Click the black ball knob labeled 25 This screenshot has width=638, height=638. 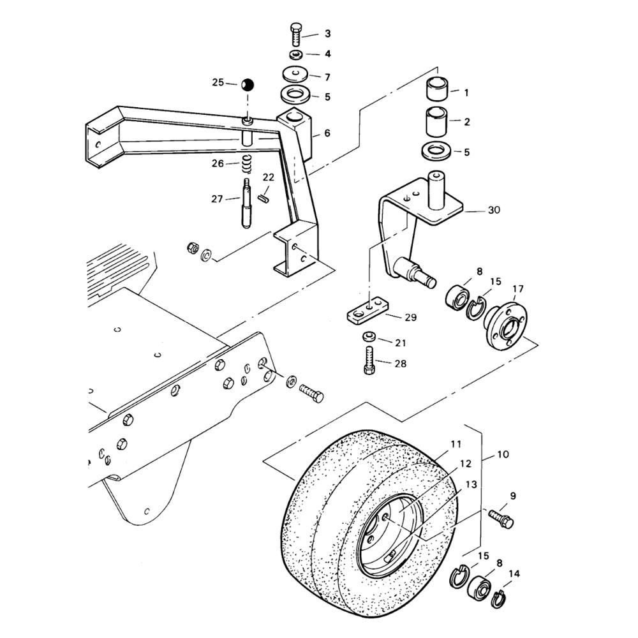pyautogui.click(x=247, y=85)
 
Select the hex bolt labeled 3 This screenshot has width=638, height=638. pyautogui.click(x=296, y=35)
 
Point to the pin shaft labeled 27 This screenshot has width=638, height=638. pyautogui.click(x=247, y=204)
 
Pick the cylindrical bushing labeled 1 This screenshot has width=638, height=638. pyautogui.click(x=438, y=88)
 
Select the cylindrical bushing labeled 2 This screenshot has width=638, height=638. pyautogui.click(x=437, y=122)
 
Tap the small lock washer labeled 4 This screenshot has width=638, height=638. pyautogui.click(x=296, y=54)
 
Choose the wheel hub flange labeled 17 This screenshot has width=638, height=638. pyautogui.click(x=505, y=323)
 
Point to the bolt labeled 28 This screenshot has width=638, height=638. pyautogui.click(x=369, y=360)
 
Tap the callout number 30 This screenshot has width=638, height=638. pyautogui.click(x=494, y=210)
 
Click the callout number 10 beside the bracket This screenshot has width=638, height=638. pyautogui.click(x=503, y=454)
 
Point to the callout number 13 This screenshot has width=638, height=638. pyautogui.click(x=471, y=485)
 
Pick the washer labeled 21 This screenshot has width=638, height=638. pyautogui.click(x=369, y=337)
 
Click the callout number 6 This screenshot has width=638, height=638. pyautogui.click(x=327, y=133)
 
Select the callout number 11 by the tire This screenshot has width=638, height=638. pyautogui.click(x=456, y=444)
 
